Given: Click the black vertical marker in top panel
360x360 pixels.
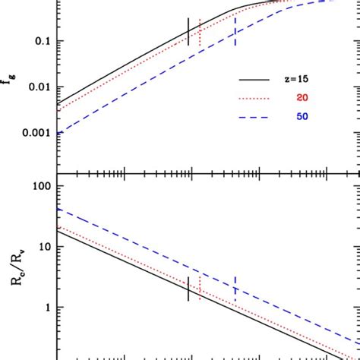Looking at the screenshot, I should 188,30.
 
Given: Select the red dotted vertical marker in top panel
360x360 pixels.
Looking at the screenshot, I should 200,33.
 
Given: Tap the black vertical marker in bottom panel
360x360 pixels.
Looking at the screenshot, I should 188,288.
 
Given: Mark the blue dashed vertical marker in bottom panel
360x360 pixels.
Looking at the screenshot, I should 235,289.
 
